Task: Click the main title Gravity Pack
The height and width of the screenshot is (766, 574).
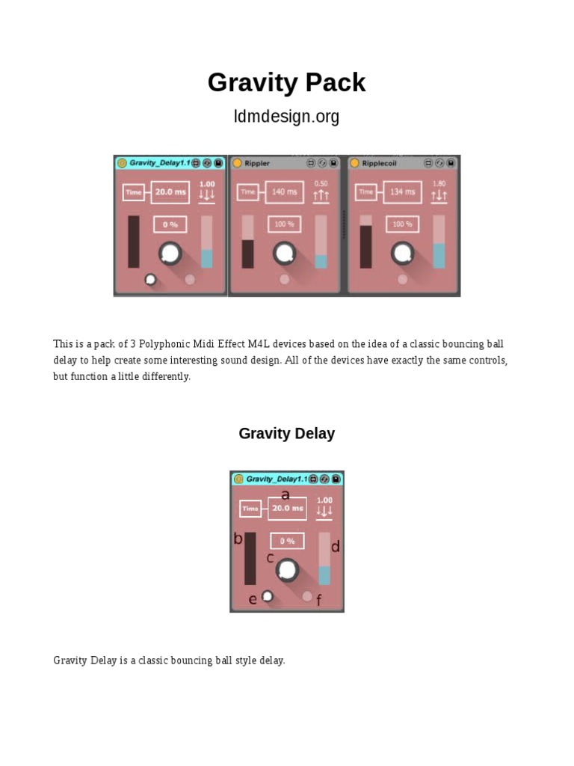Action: pyautogui.click(x=286, y=82)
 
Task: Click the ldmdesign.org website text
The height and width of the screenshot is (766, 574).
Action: pyautogui.click(x=286, y=116)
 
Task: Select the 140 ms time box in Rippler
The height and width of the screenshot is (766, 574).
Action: pyautogui.click(x=285, y=192)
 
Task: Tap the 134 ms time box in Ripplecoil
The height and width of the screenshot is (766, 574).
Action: pyautogui.click(x=402, y=192)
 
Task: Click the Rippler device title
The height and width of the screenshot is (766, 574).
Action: pyautogui.click(x=257, y=163)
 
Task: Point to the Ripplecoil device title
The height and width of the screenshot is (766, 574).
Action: pyautogui.click(x=379, y=163)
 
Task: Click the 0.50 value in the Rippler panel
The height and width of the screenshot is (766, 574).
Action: pyautogui.click(x=321, y=184)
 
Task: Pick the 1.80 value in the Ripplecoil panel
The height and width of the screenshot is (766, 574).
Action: pyautogui.click(x=439, y=184)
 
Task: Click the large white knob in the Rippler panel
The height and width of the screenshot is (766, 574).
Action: pyautogui.click(x=284, y=253)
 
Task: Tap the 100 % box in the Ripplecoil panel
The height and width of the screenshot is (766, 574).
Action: pyautogui.click(x=402, y=224)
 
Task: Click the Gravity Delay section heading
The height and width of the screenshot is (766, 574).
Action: pyautogui.click(x=286, y=433)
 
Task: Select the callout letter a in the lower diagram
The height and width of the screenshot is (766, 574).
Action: pyautogui.click(x=286, y=495)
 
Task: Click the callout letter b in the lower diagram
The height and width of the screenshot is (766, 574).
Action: pyautogui.click(x=238, y=539)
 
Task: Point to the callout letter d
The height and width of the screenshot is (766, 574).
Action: pyautogui.click(x=336, y=546)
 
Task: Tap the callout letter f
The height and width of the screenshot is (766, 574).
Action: pyautogui.click(x=318, y=600)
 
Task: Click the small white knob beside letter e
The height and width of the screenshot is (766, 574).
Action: pyautogui.click(x=268, y=596)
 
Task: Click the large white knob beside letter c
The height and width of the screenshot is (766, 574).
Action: pyautogui.click(x=287, y=569)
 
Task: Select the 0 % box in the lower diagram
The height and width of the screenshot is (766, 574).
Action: pyautogui.click(x=288, y=541)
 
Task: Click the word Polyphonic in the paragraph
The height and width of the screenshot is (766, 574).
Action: pyautogui.click(x=164, y=344)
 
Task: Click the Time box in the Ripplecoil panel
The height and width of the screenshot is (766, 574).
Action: pyautogui.click(x=365, y=192)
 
